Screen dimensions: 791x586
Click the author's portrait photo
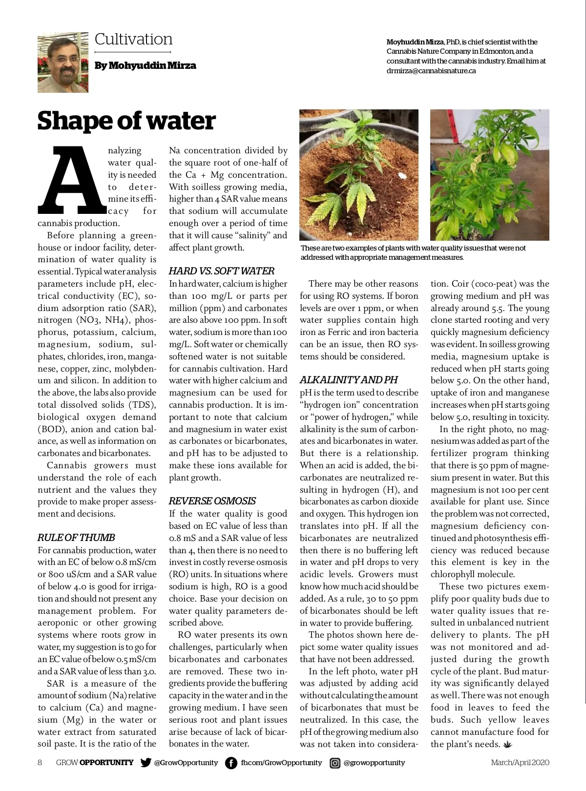pos(63,62)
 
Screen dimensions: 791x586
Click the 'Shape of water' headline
pos(126,121)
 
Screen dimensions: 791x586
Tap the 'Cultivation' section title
pos(133,39)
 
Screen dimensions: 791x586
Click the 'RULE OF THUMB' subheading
pos(76,538)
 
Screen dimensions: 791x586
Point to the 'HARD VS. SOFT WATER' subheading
pos(222,271)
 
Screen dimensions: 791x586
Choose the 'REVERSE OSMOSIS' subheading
pos(212,501)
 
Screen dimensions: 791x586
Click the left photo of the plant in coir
pos(359,174)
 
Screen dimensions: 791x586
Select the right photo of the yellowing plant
pos(489,174)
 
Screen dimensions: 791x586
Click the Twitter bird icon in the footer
pos(146,763)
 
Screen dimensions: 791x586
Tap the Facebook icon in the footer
pos(231,763)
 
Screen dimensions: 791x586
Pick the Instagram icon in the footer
pos(335,763)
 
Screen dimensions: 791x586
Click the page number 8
pos(40,763)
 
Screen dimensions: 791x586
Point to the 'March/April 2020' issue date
pos(520,763)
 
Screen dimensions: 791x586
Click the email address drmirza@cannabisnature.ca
pos(431,71)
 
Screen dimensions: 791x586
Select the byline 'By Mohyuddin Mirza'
pos(146,65)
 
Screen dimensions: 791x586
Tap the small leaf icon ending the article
pos(509,745)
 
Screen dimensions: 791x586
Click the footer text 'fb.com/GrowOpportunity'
pos(282,763)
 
